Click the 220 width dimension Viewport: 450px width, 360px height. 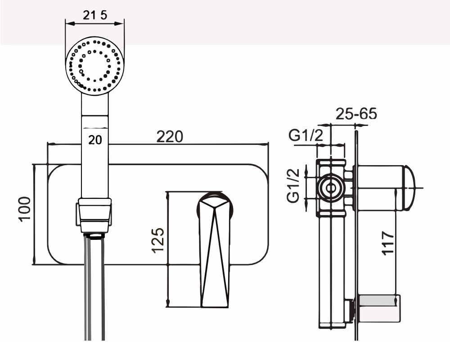(169, 137)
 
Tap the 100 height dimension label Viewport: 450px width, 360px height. (25, 209)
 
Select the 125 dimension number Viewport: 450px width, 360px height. (158, 241)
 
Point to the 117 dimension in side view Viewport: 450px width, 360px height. (388, 243)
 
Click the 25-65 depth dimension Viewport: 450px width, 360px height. (356, 114)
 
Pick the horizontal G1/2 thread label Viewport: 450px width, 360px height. (306, 135)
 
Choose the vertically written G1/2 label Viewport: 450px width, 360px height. (293, 185)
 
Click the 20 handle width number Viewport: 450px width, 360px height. (95, 140)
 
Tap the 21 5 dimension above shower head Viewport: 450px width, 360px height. (95, 15)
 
